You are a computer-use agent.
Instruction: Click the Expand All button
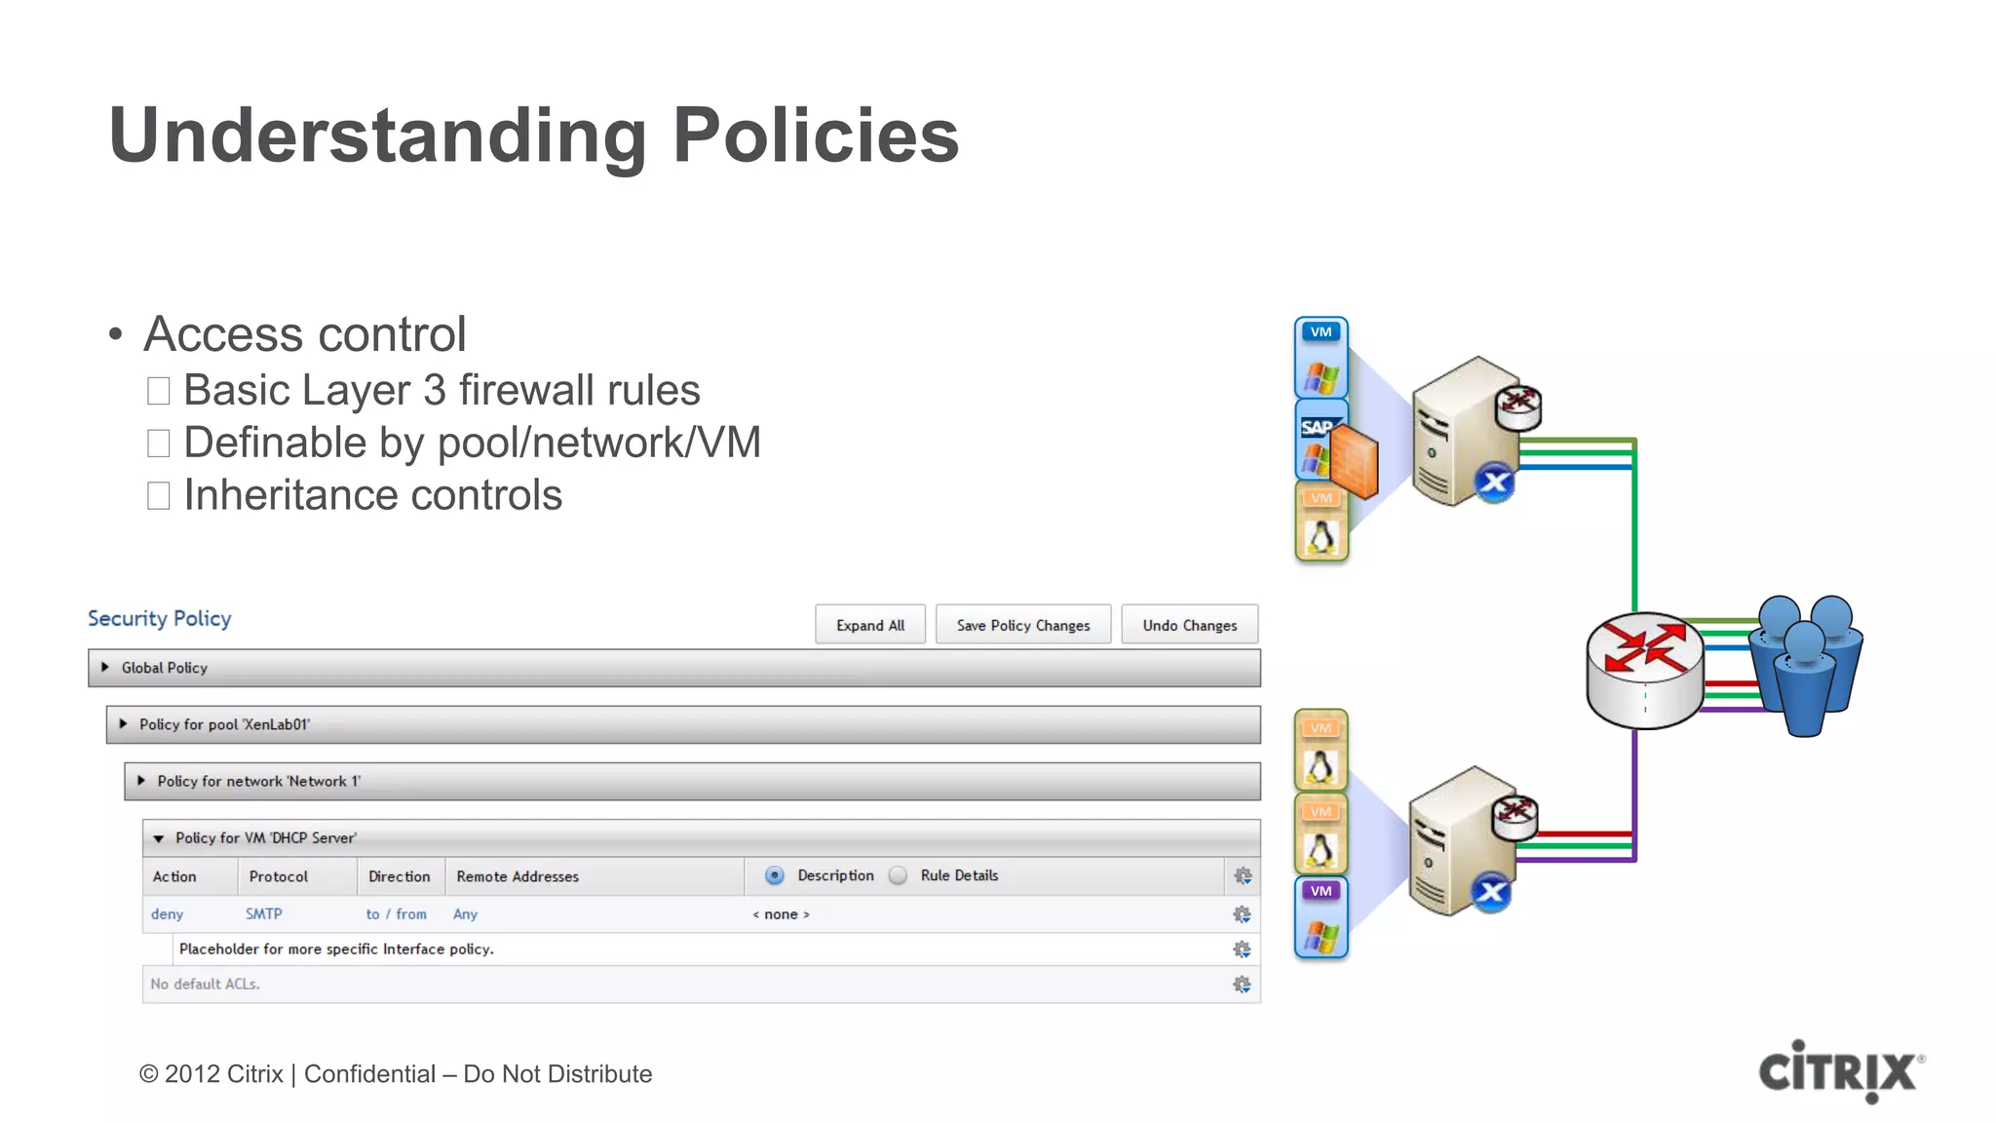[x=870, y=625]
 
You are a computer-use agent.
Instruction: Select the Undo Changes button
[x=1189, y=625]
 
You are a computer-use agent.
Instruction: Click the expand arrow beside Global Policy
[x=105, y=668]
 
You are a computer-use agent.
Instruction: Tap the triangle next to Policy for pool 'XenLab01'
[x=123, y=724]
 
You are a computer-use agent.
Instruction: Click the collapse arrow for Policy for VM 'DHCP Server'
[x=159, y=838]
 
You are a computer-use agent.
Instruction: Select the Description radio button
[x=775, y=875]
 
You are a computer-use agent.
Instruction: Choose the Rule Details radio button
[x=899, y=875]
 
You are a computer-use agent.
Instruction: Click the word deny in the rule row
[x=167, y=914]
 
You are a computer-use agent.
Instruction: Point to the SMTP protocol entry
[x=263, y=914]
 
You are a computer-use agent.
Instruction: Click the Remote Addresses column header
[x=518, y=876]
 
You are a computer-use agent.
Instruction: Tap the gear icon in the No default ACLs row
[x=1242, y=985]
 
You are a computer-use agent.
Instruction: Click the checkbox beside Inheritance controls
[x=159, y=495]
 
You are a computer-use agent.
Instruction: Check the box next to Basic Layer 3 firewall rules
[x=159, y=391]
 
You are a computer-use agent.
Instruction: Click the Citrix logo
[x=1839, y=1071]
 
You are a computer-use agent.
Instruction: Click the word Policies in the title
[x=816, y=136]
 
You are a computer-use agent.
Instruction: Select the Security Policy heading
[x=160, y=619]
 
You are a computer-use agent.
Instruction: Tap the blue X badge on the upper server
[x=1494, y=482]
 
